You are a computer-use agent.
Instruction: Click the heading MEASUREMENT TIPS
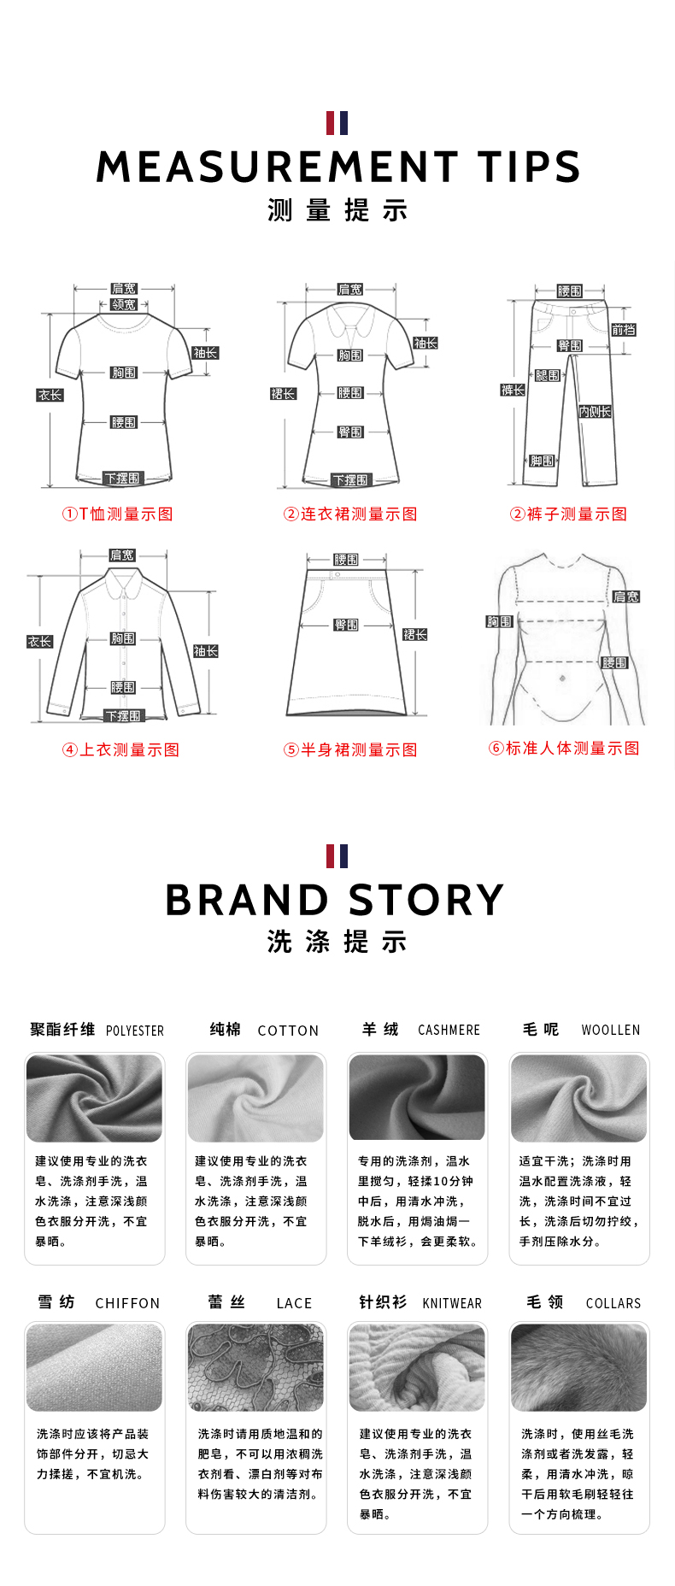337,167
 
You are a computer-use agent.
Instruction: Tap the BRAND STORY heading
335,900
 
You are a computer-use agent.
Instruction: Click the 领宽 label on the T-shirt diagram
124,304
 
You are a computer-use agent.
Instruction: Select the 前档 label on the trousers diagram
623,330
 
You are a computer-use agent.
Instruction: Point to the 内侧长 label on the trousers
595,412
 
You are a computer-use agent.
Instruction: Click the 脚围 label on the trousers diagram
542,461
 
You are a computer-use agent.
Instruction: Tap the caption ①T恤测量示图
118,514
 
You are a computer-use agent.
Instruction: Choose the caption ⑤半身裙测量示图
350,749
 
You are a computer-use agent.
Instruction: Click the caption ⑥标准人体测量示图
564,749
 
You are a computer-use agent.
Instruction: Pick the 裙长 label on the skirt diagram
414,634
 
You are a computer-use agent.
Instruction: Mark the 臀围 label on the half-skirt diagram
346,625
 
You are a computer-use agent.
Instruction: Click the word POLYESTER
135,1031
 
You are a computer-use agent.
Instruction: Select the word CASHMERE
449,1030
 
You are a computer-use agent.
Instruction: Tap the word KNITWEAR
452,1303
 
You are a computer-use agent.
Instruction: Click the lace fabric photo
255,1366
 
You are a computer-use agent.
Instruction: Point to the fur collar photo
578,1366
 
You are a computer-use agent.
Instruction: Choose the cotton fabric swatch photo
255,1097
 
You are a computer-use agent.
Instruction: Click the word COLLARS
613,1303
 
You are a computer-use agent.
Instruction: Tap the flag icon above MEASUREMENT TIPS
337,123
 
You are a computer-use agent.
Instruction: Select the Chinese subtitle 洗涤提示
337,942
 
